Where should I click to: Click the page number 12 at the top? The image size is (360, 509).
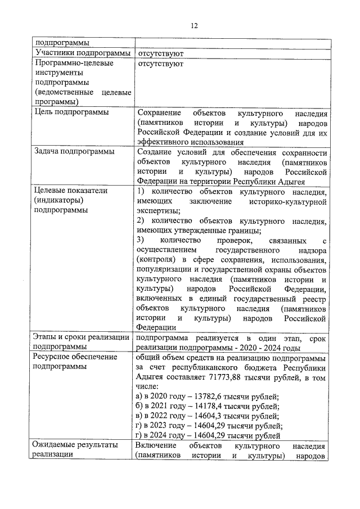pyautogui.click(x=194, y=26)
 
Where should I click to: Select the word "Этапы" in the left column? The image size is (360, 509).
pyautogui.click(x=47, y=337)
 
